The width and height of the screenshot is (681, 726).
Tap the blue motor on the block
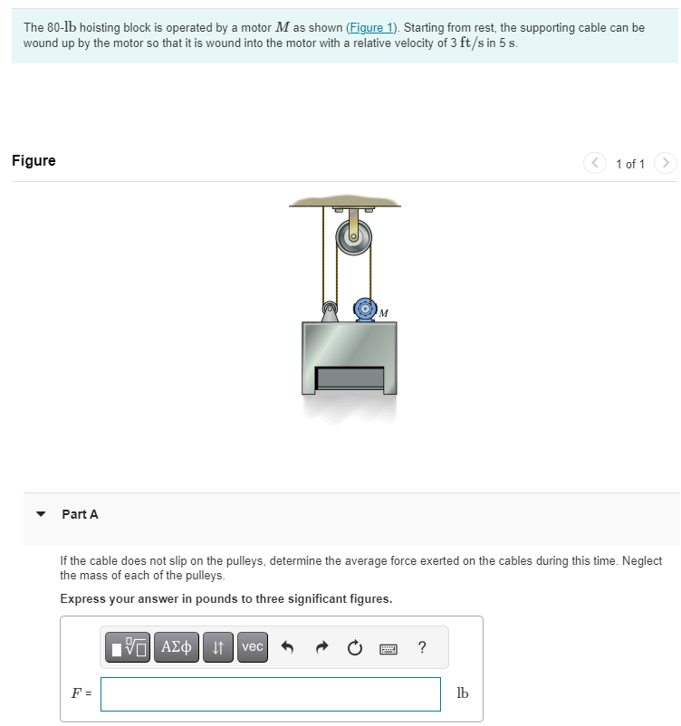pyautogui.click(x=365, y=308)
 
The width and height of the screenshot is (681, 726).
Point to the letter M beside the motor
pyautogui.click(x=384, y=313)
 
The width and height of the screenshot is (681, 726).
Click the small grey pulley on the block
pyautogui.click(x=330, y=310)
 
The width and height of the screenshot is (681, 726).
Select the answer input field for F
pyautogui.click(x=270, y=693)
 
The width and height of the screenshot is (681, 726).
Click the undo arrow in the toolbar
pyautogui.click(x=287, y=647)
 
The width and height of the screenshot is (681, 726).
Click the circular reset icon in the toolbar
pyautogui.click(x=355, y=647)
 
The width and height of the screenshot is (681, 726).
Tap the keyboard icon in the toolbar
pyautogui.click(x=388, y=648)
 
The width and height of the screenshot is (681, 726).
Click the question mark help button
pyautogui.click(x=422, y=647)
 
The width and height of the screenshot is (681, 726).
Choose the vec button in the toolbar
pyautogui.click(x=253, y=647)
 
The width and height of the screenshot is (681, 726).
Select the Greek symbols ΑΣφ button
pyautogui.click(x=176, y=647)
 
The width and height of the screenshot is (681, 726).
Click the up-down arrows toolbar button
pyautogui.click(x=217, y=647)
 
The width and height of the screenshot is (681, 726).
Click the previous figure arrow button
pyautogui.click(x=595, y=164)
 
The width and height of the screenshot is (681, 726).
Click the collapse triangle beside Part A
pyautogui.click(x=41, y=514)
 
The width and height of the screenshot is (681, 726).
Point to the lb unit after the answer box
pyautogui.click(x=462, y=693)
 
